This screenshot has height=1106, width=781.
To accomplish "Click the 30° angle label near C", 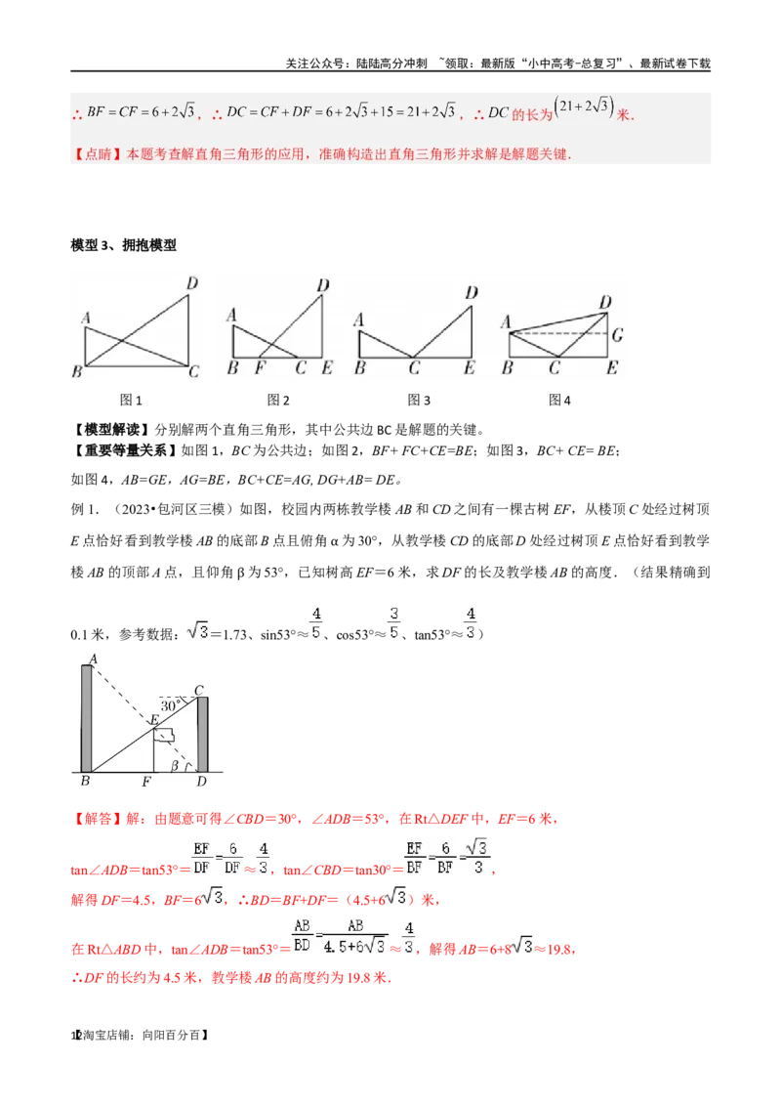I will click(x=173, y=704).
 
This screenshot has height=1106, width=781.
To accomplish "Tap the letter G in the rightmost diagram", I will click(x=617, y=335).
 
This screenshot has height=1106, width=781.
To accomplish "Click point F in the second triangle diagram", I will click(x=260, y=368).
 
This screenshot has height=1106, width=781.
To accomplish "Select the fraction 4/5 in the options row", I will click(x=314, y=621).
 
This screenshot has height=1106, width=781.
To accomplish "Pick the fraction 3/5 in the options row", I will click(x=394, y=621).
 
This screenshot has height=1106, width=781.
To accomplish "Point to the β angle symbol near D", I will click(x=176, y=766).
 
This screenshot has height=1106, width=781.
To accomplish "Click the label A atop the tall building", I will click(x=92, y=659).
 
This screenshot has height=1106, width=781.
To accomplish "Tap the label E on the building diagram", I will click(x=152, y=721).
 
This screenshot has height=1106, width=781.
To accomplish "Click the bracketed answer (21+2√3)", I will click(x=584, y=107).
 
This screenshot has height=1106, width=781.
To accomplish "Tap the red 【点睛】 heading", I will click(x=94, y=154).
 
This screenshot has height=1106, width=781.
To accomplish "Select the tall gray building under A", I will click(x=87, y=718).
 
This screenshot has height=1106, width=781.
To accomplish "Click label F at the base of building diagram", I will click(x=145, y=783).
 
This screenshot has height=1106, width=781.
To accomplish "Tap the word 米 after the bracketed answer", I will click(x=623, y=114).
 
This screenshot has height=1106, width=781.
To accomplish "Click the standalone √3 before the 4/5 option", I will click(x=196, y=630).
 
